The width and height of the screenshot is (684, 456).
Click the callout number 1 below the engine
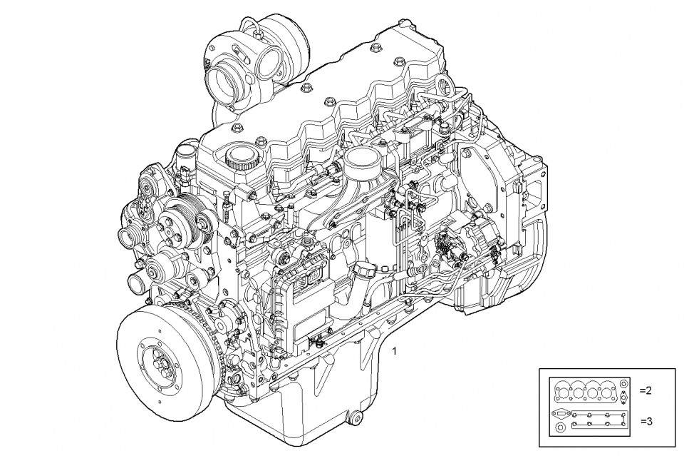(395, 350)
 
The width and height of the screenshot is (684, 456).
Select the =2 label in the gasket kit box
(646, 391)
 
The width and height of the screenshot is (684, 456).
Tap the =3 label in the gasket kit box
(646, 422)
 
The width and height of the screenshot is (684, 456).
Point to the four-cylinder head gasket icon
(584, 391)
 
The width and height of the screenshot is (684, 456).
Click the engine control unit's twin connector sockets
(309, 280)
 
